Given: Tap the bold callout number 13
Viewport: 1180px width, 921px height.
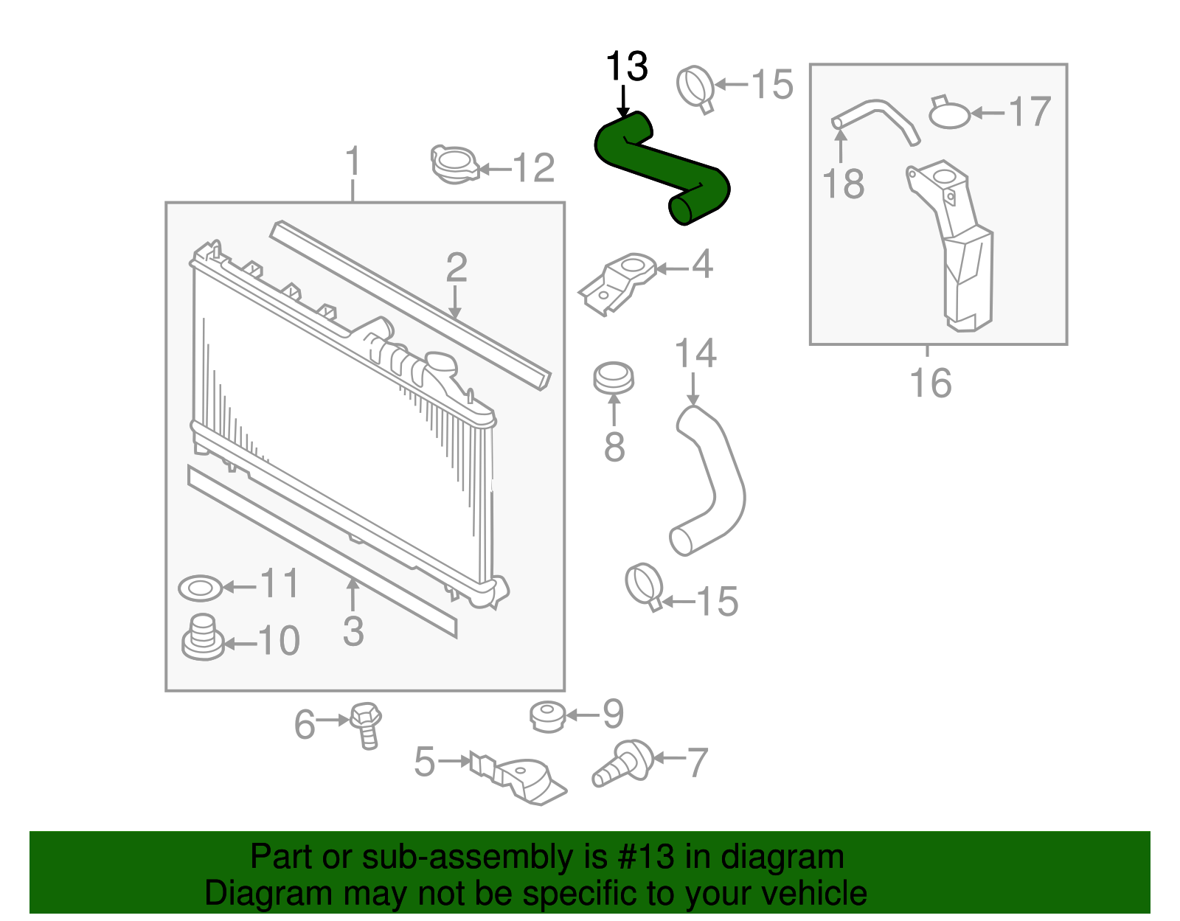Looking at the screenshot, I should tap(626, 67).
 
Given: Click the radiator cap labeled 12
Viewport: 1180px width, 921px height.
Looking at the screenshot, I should tap(454, 164).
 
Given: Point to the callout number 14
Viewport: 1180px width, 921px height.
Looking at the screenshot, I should tap(695, 354).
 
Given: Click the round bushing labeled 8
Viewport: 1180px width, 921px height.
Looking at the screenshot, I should tap(614, 378).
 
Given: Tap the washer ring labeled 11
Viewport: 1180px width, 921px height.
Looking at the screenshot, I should tap(200, 588).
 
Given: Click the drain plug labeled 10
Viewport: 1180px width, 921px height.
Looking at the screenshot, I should tap(203, 638).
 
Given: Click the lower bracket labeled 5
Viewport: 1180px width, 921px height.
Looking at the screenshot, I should tap(520, 780).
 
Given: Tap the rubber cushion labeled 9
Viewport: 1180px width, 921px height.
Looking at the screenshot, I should tap(548, 716).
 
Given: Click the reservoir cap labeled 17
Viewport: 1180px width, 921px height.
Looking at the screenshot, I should tap(949, 114).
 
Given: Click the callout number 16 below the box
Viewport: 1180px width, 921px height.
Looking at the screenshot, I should tap(930, 383).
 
